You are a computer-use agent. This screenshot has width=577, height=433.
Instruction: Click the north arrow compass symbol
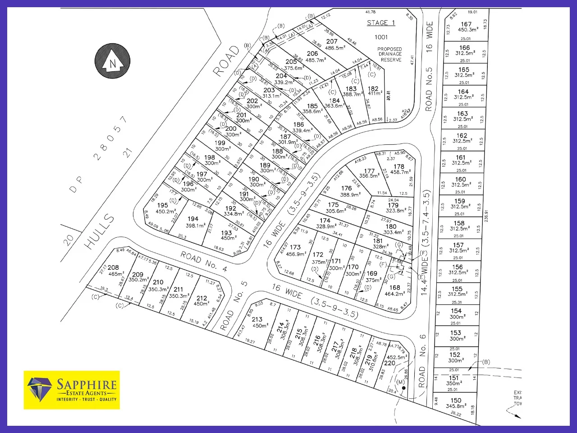click(x=112, y=61)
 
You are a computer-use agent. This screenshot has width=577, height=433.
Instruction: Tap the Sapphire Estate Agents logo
click(x=72, y=390)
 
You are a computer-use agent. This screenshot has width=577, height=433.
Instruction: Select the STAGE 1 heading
click(x=381, y=23)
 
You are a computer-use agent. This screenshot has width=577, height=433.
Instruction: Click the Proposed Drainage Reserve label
click(x=390, y=55)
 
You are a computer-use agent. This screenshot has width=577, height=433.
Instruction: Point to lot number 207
click(x=332, y=41)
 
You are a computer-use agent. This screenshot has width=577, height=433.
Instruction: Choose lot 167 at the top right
click(x=466, y=24)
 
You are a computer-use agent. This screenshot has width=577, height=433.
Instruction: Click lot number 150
click(x=456, y=400)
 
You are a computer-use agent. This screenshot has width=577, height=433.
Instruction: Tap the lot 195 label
click(x=163, y=205)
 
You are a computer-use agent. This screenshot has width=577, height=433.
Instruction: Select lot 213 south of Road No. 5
click(x=257, y=319)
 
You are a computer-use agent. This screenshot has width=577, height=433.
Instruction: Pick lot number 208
click(x=113, y=267)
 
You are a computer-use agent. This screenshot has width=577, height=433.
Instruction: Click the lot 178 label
click(x=399, y=166)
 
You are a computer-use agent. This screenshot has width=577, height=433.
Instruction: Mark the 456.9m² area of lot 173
click(x=296, y=254)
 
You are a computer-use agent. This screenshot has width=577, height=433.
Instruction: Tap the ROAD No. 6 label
click(x=422, y=366)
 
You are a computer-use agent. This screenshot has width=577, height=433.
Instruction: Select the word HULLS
click(x=100, y=231)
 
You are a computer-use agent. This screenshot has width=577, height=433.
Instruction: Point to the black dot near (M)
click(x=404, y=388)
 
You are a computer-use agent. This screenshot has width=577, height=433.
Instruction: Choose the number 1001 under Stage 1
click(x=381, y=37)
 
